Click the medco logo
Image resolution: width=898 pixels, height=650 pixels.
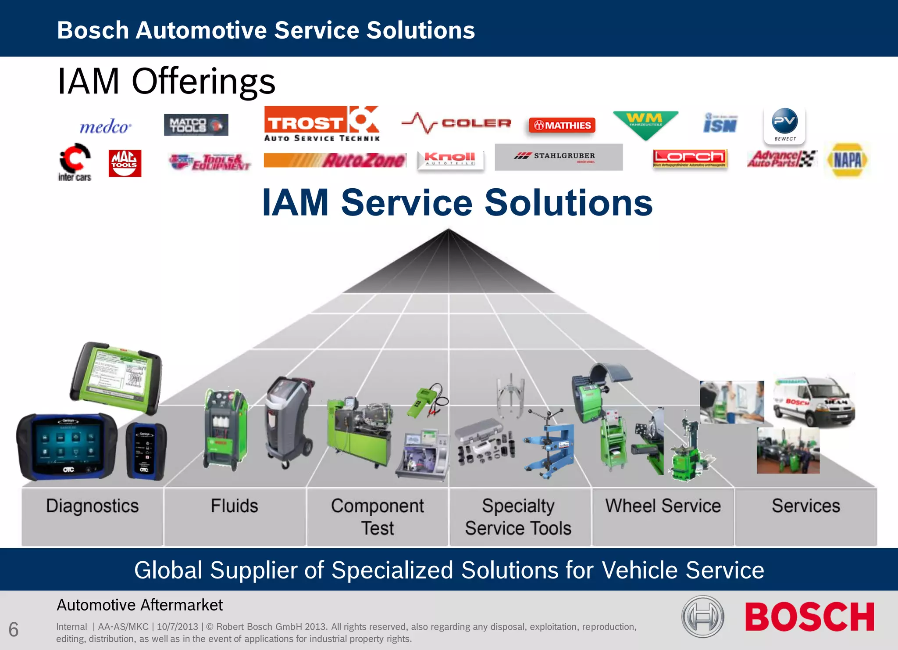click(105, 127)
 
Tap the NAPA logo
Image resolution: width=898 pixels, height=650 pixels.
click(847, 160)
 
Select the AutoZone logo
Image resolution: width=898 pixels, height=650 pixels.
click(335, 160)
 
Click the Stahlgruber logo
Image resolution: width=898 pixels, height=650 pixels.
click(558, 157)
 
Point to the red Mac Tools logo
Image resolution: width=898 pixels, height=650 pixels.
click(125, 163)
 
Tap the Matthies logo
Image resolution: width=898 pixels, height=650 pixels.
click(562, 126)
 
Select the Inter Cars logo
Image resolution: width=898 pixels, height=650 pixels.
click(75, 162)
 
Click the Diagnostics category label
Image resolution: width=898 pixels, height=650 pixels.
click(93, 506)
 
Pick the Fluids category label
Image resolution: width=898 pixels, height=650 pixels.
click(235, 506)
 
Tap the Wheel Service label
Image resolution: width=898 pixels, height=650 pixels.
click(663, 506)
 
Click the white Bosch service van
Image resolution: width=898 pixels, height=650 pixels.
click(813, 401)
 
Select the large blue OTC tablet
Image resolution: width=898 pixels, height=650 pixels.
click(67, 446)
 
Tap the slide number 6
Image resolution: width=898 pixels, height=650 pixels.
click(14, 630)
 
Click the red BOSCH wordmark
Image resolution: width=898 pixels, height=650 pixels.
click(809, 617)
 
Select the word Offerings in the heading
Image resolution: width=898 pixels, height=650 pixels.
click(203, 82)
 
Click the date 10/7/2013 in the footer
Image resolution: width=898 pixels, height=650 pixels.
click(177, 627)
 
